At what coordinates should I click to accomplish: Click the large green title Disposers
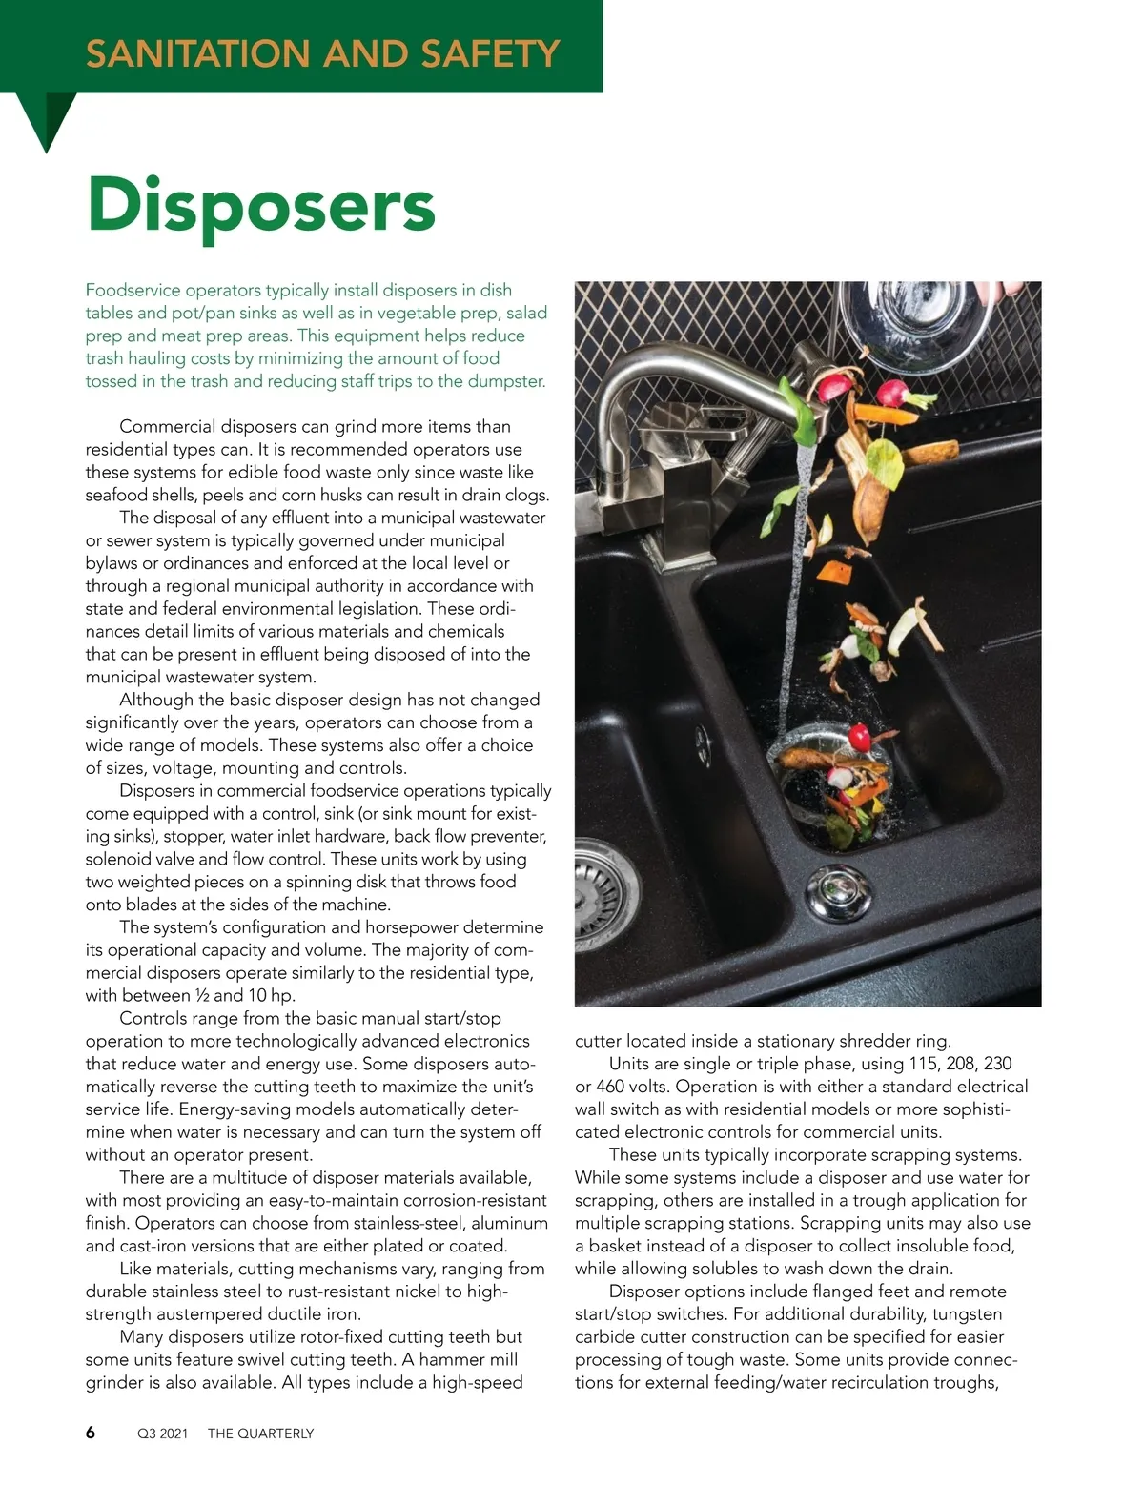coord(260,204)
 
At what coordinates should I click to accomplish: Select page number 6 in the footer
coord(91,1432)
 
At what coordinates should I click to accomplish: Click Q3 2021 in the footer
coord(163,1434)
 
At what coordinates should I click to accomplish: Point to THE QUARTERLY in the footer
coord(260,1434)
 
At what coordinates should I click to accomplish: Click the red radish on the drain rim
coord(861,736)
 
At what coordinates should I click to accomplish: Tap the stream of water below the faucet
coord(799,572)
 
